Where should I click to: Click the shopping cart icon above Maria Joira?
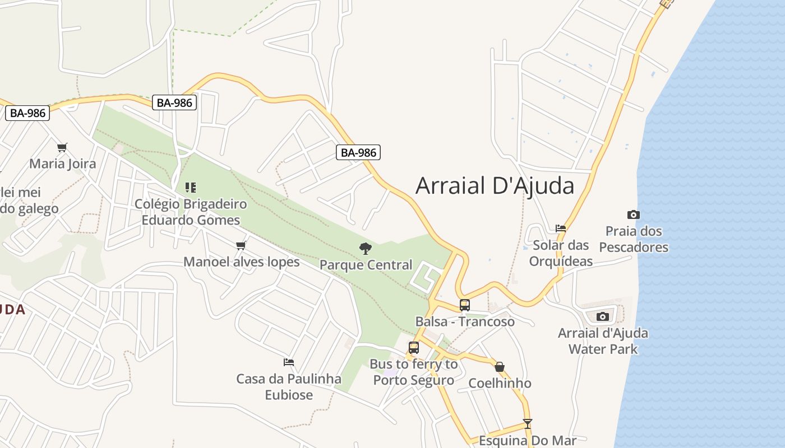(x=62, y=148)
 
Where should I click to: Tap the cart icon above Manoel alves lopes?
(x=241, y=245)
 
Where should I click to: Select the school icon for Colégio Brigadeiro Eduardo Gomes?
(x=191, y=187)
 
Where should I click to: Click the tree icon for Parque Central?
(x=366, y=248)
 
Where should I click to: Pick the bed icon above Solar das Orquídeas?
(x=560, y=228)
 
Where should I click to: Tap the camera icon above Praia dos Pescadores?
(x=633, y=214)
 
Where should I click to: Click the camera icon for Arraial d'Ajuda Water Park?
(x=602, y=316)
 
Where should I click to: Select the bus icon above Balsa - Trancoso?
(x=464, y=305)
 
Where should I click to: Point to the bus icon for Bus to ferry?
(x=414, y=348)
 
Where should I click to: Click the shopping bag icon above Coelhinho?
(x=500, y=367)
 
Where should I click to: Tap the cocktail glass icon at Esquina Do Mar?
(x=527, y=424)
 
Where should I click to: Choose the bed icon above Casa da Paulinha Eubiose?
(x=289, y=362)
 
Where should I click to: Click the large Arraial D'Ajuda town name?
(x=495, y=186)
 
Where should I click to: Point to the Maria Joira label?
(x=63, y=164)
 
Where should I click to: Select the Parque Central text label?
(x=366, y=265)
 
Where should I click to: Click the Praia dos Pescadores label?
(x=634, y=239)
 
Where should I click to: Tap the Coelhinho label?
(x=500, y=383)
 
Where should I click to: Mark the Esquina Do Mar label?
(x=527, y=441)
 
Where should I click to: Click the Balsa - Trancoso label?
(x=465, y=321)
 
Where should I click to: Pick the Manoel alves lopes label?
(x=242, y=262)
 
